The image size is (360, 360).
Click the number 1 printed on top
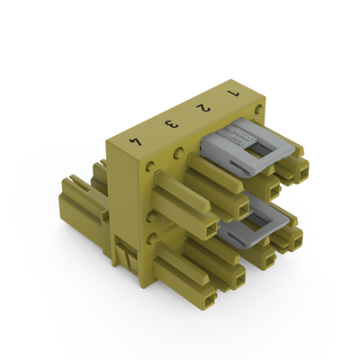[235, 93]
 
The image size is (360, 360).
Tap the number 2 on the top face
[205, 109]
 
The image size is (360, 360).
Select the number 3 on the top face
[167, 126]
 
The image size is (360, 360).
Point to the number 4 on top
[136, 141]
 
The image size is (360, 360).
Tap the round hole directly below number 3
[181, 151]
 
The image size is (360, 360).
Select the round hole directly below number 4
[148, 167]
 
